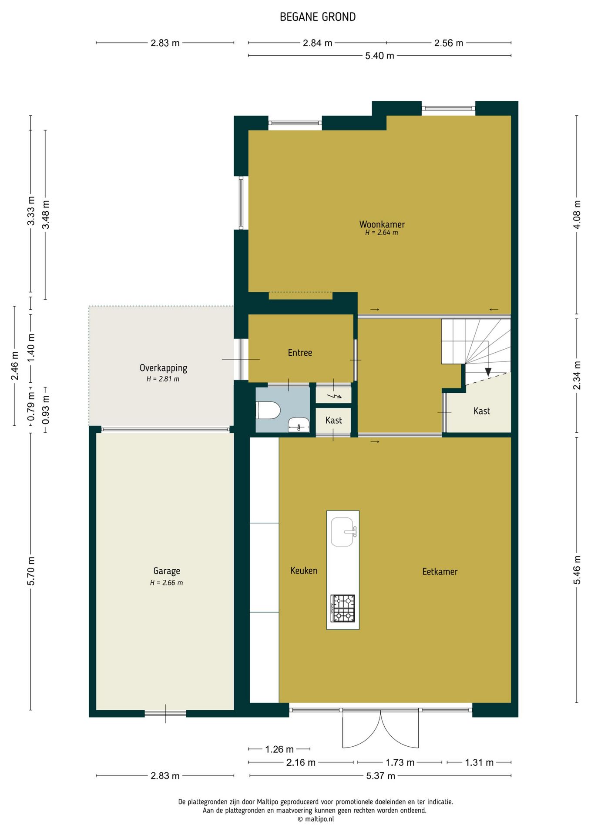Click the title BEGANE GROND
pos(318,17)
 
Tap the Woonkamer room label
pos(382,224)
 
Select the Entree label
pos(300,353)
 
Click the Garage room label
pos(167,571)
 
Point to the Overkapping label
pos(163,368)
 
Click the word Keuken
pos(304,571)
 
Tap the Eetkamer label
pos(440,571)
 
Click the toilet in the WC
pos(268,410)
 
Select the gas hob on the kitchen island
pos(343,608)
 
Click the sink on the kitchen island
pos(343,531)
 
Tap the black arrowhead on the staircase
pos(488,372)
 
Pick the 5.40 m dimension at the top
pos(379,56)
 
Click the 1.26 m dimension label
pos(279,749)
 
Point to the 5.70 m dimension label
pos(31,571)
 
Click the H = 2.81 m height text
pos(163,379)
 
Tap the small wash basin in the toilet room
pos(299,424)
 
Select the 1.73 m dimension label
pos(400,762)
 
